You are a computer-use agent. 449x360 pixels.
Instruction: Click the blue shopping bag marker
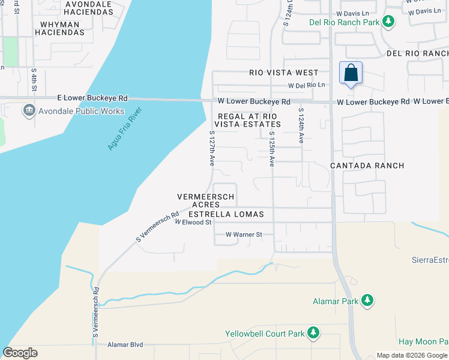[x=351, y=73]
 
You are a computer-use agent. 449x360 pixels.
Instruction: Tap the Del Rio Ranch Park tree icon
[x=389, y=22]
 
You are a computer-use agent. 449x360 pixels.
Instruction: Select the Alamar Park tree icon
[x=367, y=301]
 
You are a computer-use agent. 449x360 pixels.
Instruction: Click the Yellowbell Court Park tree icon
[x=312, y=332]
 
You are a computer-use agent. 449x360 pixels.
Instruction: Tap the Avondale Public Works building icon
[x=28, y=111]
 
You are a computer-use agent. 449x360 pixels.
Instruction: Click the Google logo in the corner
[x=20, y=353]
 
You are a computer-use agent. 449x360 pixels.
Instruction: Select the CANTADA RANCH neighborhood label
[x=367, y=165]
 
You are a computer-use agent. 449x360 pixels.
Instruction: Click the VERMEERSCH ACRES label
[x=205, y=200]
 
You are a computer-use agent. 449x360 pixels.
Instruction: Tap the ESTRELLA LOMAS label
[x=226, y=214]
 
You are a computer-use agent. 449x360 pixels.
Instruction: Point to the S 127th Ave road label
[x=212, y=148]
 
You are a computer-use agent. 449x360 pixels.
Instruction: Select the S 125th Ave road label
[x=272, y=148]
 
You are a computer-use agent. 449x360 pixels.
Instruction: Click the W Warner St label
[x=244, y=235]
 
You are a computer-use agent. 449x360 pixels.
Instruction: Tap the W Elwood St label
[x=193, y=222]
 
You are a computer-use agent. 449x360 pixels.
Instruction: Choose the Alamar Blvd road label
[x=125, y=344]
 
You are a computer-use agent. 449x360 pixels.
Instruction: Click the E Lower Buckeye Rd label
[x=92, y=98]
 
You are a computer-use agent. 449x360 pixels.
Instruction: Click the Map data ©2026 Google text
[x=412, y=355]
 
